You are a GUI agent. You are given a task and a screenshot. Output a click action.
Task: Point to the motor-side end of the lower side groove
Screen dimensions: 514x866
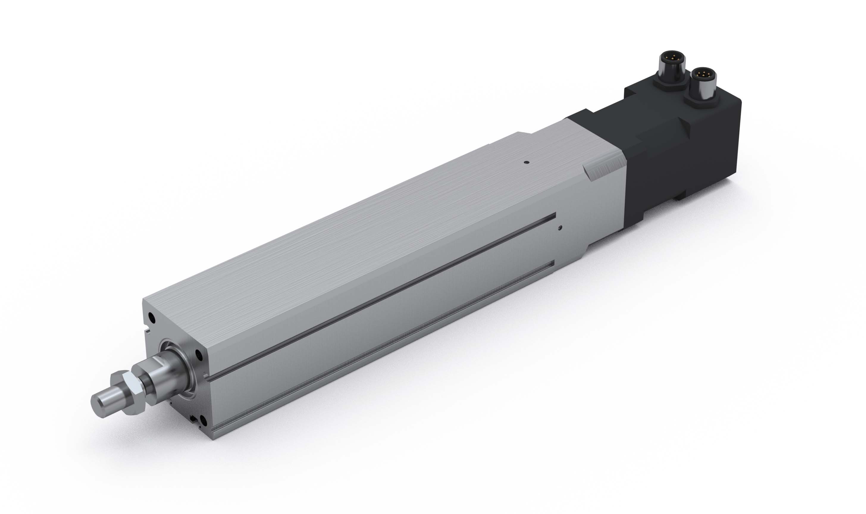click(553, 264)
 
